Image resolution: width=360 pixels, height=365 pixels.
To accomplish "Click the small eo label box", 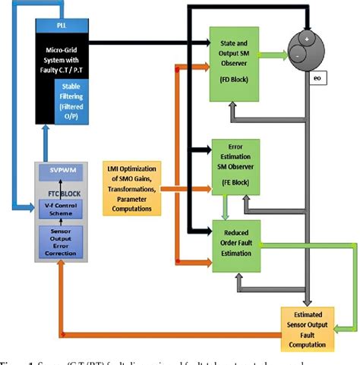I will pyautogui.click(x=318, y=77).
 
